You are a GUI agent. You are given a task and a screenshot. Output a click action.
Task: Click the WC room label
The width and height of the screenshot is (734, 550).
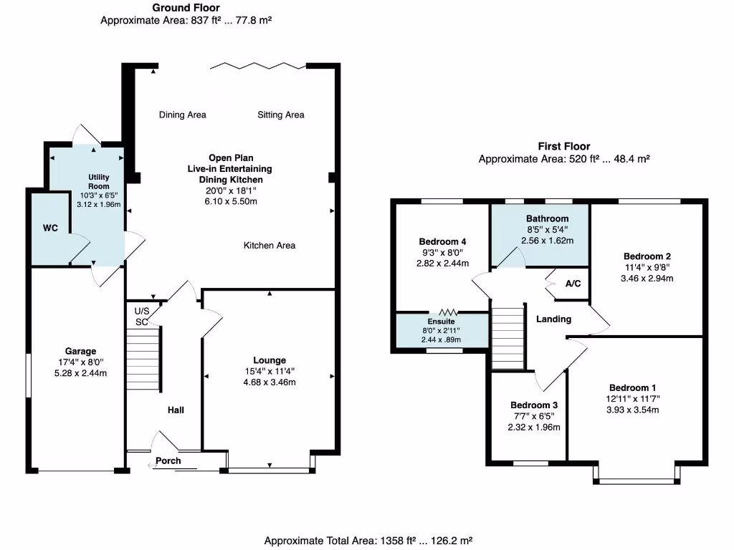tap(49, 228)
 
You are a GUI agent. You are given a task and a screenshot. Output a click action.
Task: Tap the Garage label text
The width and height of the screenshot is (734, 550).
tap(80, 351)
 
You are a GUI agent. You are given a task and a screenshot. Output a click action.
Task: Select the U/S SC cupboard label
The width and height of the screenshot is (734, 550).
tap(141, 317)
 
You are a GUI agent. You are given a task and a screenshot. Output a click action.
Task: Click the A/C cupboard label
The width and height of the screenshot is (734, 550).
tap(573, 284)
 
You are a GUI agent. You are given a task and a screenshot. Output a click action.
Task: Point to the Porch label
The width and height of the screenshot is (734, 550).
tap(168, 460)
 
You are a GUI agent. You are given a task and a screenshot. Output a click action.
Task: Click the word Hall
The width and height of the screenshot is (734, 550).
tap(176, 410)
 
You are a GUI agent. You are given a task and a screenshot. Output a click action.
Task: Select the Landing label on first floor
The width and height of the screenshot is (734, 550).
tap(553, 319)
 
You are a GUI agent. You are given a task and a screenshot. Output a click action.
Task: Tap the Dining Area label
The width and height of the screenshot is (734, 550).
tap(182, 115)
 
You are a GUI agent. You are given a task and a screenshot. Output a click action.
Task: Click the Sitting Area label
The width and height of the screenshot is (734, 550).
tap(280, 115)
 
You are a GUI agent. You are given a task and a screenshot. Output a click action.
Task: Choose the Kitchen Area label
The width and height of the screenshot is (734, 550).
tap(270, 246)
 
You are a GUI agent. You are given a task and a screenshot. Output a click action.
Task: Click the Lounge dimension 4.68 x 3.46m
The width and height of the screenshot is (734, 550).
tap(269, 382)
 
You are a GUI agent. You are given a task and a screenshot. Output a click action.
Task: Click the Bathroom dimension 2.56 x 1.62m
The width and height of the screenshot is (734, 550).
tap(547, 241)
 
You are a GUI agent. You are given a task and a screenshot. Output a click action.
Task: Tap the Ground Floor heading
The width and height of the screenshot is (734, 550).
tap(186, 8)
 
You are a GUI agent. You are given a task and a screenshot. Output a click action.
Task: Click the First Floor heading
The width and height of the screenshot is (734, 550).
tap(563, 146)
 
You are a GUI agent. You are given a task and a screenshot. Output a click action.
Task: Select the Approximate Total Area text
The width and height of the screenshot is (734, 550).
tap(368, 541)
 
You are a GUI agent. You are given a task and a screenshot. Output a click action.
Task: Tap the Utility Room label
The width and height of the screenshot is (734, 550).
tap(98, 181)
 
